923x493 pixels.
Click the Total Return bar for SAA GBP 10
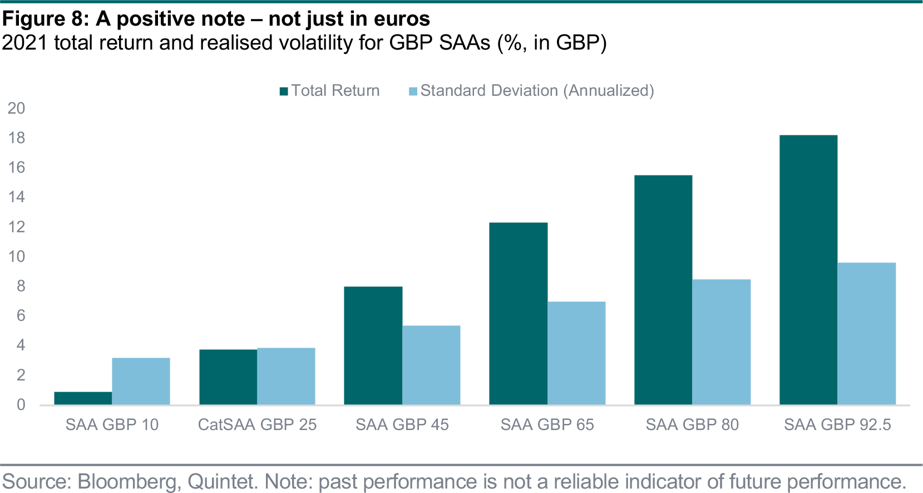click(83, 398)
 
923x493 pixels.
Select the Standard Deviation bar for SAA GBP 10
click(141, 381)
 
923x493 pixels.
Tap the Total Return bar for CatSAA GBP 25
click(228, 377)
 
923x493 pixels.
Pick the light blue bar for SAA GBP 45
click(431, 365)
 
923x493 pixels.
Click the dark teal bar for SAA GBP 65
click(519, 314)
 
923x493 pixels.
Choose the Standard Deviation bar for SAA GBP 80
click(722, 342)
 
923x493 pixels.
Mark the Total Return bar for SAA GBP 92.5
click(808, 270)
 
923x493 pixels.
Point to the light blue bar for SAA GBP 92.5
click(867, 334)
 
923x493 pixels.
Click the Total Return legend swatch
click(284, 91)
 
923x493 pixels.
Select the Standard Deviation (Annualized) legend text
click(537, 91)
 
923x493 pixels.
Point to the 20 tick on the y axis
click(17, 108)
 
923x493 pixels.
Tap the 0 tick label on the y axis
click(21, 405)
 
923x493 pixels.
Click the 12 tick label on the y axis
click(17, 227)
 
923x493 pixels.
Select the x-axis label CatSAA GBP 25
click(257, 424)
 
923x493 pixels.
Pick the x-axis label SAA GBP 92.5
click(837, 424)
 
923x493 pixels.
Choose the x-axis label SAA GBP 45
click(402, 424)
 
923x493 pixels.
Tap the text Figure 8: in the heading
click(45, 19)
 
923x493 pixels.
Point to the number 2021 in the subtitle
click(24, 43)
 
